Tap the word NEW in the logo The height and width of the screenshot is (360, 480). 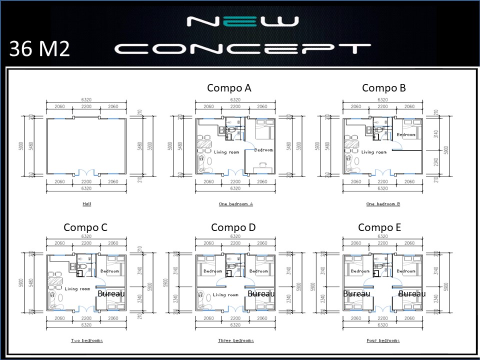pos(242,22)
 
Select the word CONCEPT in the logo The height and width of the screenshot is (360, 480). pos(242,48)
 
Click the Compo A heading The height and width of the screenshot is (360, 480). pos(229,88)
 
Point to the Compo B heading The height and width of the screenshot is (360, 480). pos(383,88)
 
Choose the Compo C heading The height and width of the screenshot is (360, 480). pos(85,227)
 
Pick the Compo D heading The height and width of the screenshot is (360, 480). pos(233,227)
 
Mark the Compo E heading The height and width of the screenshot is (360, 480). pos(379,227)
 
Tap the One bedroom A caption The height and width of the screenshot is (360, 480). pos(235,204)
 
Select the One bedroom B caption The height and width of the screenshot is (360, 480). pos(383,204)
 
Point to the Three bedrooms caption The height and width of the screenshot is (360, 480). pos(235,340)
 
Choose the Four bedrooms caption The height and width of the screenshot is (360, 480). pos(383,340)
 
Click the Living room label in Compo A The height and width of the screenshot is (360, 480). pos(226,152)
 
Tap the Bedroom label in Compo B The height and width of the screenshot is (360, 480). pos(405,135)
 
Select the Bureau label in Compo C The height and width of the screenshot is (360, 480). pos(110,294)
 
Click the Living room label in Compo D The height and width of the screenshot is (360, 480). pos(225,295)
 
